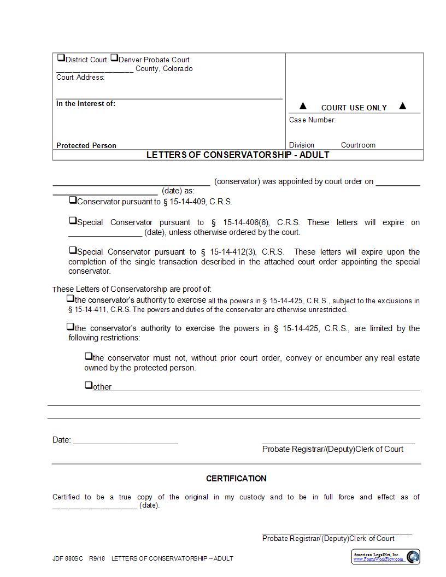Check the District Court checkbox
point(61,58)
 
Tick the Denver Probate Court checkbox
point(114,58)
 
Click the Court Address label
point(80,78)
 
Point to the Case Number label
point(312,120)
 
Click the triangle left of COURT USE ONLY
point(303,106)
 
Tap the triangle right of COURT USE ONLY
point(403,106)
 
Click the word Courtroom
point(358,145)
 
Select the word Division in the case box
point(302,145)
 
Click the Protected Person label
point(86,146)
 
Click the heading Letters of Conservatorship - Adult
point(238,155)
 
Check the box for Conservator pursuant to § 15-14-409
point(73,201)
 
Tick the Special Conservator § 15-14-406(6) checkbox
point(73,221)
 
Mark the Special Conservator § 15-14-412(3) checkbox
point(73,250)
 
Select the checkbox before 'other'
point(89,385)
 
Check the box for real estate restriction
point(89,356)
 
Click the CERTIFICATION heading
point(236,479)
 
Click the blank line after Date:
point(126,440)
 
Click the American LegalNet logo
point(386,557)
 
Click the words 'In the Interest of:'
point(86,104)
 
